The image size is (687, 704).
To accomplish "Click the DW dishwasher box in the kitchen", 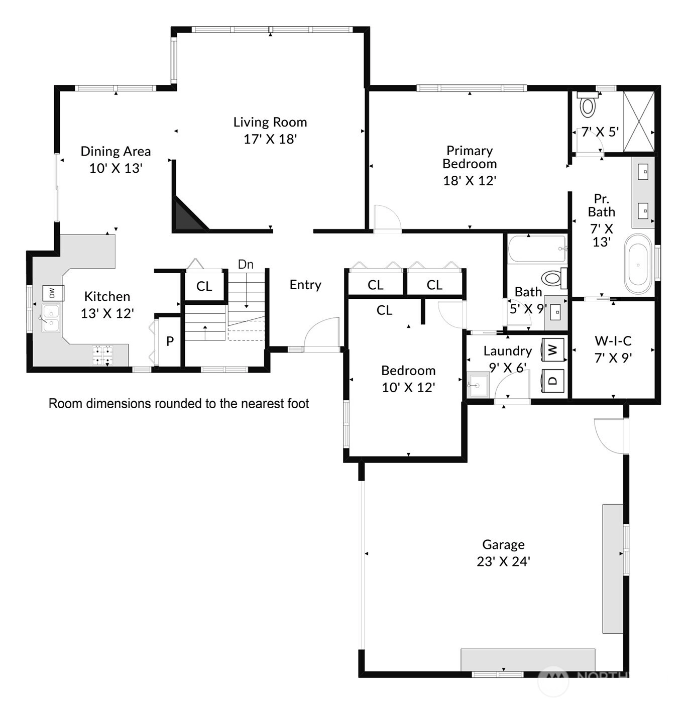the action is [53, 293].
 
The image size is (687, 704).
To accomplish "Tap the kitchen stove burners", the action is [102, 355].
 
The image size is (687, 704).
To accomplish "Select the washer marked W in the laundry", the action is [552, 350].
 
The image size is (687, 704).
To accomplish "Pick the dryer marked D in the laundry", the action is [552, 381].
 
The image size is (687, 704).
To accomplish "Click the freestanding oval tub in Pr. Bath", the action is [638, 265].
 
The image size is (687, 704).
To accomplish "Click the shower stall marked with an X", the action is [638, 121].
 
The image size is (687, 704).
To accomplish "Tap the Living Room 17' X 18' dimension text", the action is [270, 139].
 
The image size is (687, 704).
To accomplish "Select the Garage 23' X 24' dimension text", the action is [503, 561].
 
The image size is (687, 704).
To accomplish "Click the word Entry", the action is [305, 285].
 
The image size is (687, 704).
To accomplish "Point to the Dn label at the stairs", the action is [246, 265].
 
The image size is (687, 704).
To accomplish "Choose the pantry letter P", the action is [170, 341].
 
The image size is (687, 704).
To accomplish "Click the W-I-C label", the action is [613, 341].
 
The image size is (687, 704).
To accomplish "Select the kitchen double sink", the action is [51, 318].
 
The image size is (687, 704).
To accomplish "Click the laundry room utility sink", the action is [478, 385].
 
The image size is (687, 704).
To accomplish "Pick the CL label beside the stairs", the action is [204, 287].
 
